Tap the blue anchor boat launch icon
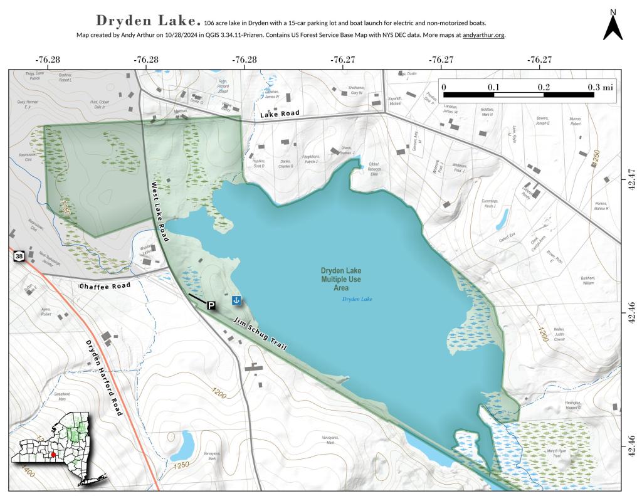pyautogui.click(x=236, y=300)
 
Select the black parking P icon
pyautogui.click(x=211, y=305)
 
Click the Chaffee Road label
pyautogui.click(x=105, y=286)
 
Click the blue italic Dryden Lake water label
pyautogui.click(x=357, y=299)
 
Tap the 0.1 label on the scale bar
pyautogui.click(x=493, y=87)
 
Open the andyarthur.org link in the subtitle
pyautogui.click(x=483, y=35)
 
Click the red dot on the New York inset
pyautogui.click(x=53, y=455)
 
